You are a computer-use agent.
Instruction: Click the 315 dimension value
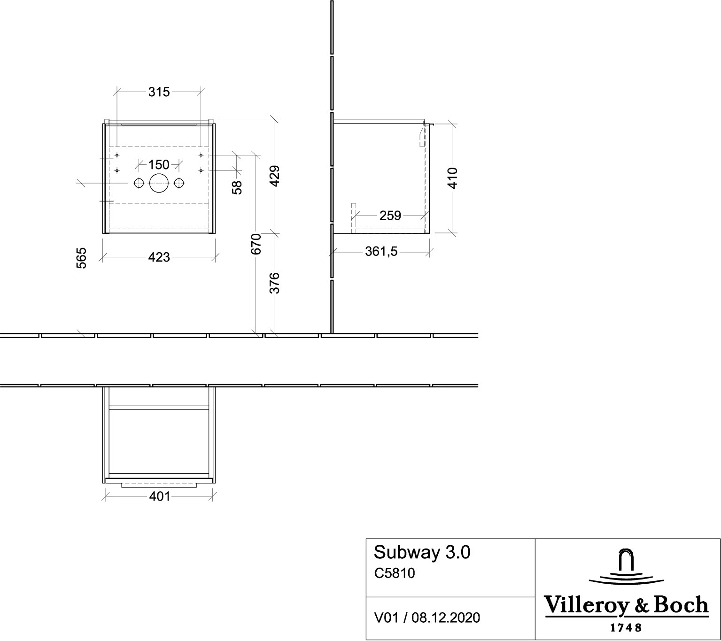pos(159,92)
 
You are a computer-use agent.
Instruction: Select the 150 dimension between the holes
pos(159,165)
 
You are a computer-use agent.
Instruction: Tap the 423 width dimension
pos(159,257)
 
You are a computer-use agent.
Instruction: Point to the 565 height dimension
pos(82,258)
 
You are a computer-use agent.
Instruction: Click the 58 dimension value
pos(237,187)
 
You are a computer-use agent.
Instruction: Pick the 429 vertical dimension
pos(274,176)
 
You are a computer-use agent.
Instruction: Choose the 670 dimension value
pos(256,244)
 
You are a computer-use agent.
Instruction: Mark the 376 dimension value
pos(274,283)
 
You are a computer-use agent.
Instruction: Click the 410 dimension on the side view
pos(452,178)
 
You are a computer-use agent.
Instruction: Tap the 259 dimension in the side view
pos(390,216)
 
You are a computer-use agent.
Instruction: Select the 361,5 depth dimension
pos(381,252)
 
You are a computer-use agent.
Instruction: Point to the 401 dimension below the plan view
pos(160,496)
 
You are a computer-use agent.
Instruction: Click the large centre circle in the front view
pos(159,174)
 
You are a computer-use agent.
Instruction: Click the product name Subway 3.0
pos(422,552)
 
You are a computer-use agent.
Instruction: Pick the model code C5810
pos(395,573)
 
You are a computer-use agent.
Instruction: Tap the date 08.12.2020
pos(446,618)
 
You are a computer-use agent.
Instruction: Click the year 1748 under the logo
pos(626,627)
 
